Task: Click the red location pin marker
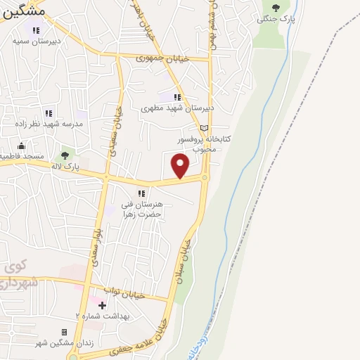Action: coord(181,166)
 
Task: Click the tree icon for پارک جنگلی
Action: coord(275,8)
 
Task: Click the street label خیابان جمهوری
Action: coord(164,58)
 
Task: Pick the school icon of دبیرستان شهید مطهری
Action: coord(177,97)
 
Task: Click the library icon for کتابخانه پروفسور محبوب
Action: coord(204,128)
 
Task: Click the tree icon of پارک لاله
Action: coord(65,155)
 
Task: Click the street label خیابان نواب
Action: coord(124,292)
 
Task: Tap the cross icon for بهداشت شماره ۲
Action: coord(103,305)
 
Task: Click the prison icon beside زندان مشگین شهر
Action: coord(64,332)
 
